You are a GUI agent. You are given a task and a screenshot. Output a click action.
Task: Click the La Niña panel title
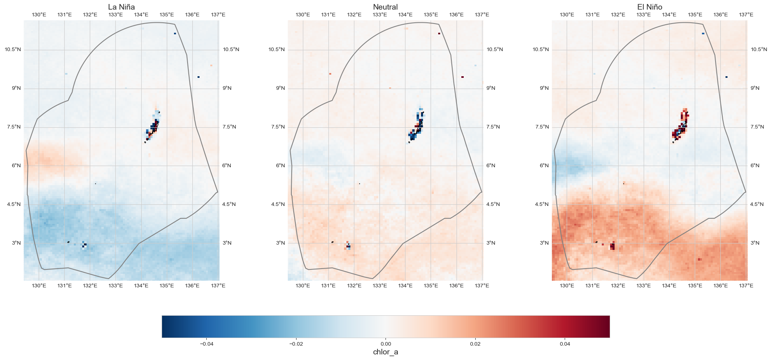point(121,7)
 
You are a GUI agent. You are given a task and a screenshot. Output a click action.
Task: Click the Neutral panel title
point(385,7)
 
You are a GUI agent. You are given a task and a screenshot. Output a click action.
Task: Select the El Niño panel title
point(650,7)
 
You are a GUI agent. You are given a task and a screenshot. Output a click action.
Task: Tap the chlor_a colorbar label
point(385,352)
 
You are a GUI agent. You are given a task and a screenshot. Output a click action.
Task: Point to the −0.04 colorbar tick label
point(206,344)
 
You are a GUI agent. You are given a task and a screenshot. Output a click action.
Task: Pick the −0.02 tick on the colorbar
point(296,344)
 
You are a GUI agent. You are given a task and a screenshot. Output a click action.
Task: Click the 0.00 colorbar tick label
point(385,344)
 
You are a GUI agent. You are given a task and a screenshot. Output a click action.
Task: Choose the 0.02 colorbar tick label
point(475,344)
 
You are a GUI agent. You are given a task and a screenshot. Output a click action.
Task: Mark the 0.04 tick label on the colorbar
point(565,344)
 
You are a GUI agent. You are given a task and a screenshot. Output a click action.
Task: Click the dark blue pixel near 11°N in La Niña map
point(175,34)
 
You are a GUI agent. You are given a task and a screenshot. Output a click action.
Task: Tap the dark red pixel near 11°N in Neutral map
point(439,34)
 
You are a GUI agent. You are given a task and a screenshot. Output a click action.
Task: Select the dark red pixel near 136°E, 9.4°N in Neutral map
point(462,77)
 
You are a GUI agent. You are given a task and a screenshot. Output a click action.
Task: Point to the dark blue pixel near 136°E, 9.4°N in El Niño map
point(726,77)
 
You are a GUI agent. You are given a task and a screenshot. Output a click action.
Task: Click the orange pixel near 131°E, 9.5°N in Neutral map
point(330,74)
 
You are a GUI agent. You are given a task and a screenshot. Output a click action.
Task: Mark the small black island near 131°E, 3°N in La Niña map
point(69,242)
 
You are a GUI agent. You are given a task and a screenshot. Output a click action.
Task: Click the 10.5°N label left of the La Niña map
point(13,50)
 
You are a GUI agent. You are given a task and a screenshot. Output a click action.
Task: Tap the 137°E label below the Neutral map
point(482,286)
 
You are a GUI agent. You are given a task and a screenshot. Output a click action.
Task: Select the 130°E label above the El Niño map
point(567,15)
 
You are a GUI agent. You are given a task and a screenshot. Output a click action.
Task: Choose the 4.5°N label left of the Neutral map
point(277,204)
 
